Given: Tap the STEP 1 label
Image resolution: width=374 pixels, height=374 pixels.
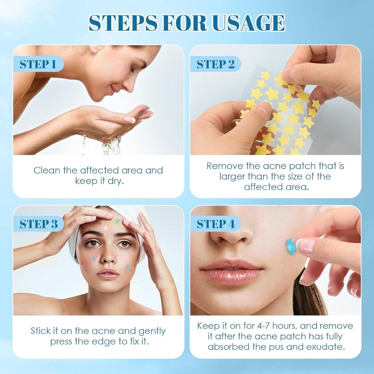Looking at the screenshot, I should [38, 64].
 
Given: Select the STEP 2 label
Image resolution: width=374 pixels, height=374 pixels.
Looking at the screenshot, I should [215, 64].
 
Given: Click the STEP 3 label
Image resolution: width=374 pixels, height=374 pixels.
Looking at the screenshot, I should [39, 224].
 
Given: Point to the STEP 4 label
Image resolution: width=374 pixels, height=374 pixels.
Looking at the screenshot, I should [216, 224].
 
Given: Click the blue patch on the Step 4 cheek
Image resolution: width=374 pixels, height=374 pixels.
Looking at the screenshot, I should [291, 246].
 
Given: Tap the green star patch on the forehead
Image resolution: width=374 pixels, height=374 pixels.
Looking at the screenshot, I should [117, 221].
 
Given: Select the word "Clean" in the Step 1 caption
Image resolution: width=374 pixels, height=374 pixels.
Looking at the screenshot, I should [47, 170].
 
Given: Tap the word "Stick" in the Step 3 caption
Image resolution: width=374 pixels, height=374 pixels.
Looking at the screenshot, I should [40, 331].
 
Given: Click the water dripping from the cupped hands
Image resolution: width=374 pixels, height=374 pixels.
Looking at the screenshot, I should [111, 146].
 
